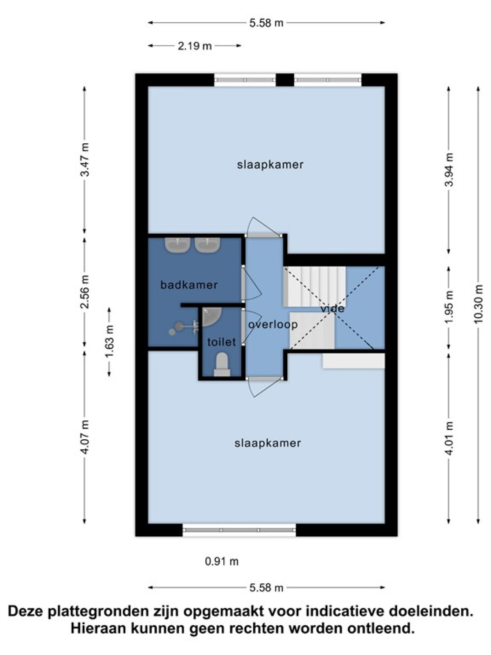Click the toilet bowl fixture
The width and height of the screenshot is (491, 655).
(x=222, y=364)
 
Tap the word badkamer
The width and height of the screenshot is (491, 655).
(x=189, y=285)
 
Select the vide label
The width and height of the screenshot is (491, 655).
(x=332, y=308)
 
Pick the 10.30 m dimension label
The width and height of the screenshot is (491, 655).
(x=479, y=304)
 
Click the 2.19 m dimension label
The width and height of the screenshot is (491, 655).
(x=195, y=46)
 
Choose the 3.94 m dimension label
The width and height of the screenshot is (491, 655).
(x=449, y=169)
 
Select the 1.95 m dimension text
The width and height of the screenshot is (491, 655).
(x=449, y=306)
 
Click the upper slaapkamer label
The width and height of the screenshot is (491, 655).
(x=270, y=165)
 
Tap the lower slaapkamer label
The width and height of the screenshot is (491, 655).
(x=268, y=443)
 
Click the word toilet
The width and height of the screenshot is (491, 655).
(x=221, y=342)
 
